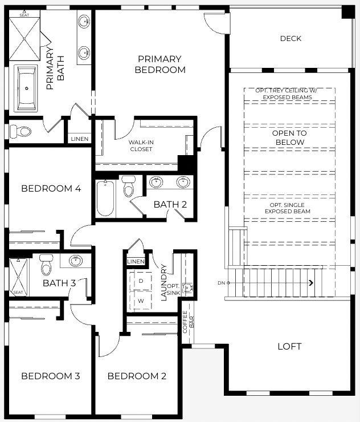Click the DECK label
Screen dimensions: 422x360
(291, 39)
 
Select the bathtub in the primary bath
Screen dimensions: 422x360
(26, 88)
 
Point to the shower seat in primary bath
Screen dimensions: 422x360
(24, 15)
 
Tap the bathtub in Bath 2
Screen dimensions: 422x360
(105, 198)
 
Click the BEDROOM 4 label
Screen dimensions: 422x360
(47, 189)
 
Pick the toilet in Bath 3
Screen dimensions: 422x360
(46, 265)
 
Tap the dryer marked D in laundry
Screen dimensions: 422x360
(140, 281)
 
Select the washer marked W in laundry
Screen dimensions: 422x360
(140, 300)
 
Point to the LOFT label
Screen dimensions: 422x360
(289, 346)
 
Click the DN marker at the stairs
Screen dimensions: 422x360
(222, 283)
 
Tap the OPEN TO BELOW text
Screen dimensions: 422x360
(290, 137)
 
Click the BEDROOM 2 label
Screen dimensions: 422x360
(137, 376)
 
